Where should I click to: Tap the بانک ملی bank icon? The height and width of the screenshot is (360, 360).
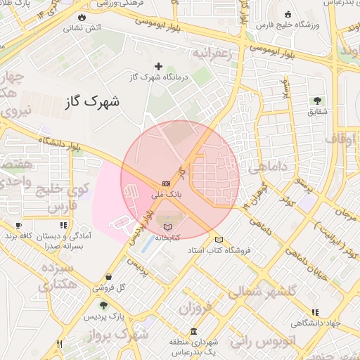point(165,183)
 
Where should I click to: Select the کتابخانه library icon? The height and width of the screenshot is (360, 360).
point(167,226)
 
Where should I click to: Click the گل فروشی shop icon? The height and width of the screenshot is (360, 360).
point(108,276)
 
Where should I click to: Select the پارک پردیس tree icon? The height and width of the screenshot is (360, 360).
point(103,306)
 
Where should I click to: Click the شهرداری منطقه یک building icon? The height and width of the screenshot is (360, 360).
point(194,332)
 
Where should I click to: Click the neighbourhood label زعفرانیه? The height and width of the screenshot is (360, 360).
point(212,54)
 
